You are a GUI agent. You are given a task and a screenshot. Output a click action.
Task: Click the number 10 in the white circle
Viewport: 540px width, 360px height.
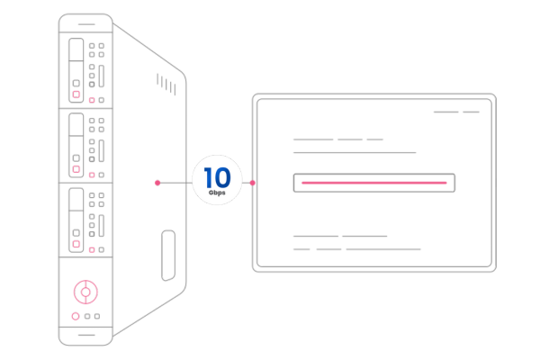[217, 175]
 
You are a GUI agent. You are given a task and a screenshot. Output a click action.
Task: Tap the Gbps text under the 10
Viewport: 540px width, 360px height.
[217, 193]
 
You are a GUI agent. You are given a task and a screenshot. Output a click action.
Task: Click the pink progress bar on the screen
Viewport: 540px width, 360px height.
[373, 183]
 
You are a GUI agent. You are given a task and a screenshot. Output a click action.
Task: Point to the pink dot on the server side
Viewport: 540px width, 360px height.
[157, 183]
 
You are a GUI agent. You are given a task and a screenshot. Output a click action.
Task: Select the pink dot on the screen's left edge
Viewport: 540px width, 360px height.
[253, 183]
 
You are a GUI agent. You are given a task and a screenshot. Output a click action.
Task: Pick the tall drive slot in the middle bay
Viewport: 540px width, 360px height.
[76, 144]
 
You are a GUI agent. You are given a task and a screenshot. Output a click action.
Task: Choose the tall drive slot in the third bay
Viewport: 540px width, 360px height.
[76, 219]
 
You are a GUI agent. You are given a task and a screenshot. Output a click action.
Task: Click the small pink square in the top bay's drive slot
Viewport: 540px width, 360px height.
[76, 94]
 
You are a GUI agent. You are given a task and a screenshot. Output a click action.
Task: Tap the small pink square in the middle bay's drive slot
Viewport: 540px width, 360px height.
[76, 168]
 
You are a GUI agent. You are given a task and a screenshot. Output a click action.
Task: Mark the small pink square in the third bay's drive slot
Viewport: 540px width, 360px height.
[76, 243]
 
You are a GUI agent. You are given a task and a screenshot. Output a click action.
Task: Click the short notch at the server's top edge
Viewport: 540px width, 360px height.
[85, 21]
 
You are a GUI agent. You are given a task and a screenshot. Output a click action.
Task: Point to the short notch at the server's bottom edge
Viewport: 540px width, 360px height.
[85, 337]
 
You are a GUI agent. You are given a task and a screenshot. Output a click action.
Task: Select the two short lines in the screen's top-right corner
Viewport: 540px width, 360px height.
[456, 112]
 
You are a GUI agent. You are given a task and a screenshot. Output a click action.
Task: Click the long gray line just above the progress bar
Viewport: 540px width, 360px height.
[355, 153]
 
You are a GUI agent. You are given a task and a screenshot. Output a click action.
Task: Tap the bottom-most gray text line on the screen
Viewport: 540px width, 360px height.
[357, 249]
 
